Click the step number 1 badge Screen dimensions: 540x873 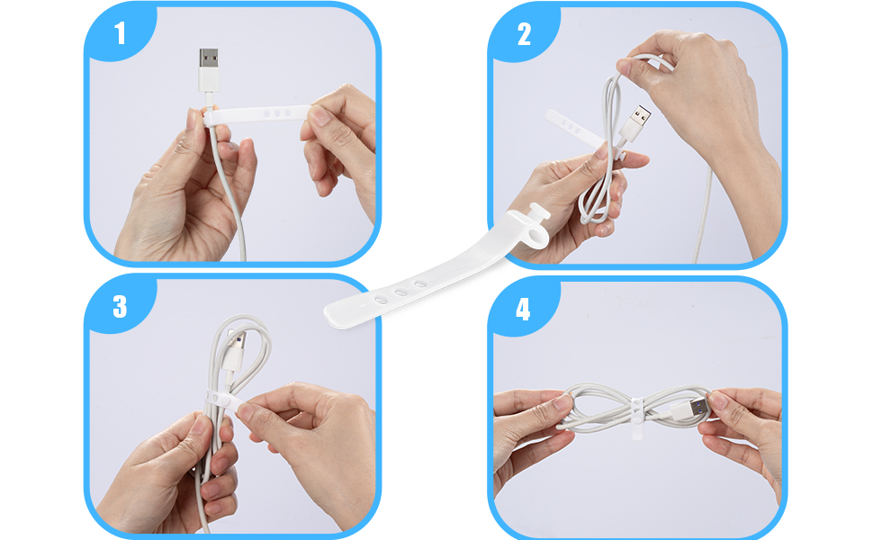tap(120, 34)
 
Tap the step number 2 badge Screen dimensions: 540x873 tap(524, 34)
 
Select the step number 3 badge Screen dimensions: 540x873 tap(120, 306)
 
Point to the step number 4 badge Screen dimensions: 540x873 tap(524, 309)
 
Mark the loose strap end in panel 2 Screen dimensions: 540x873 tap(576, 126)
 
